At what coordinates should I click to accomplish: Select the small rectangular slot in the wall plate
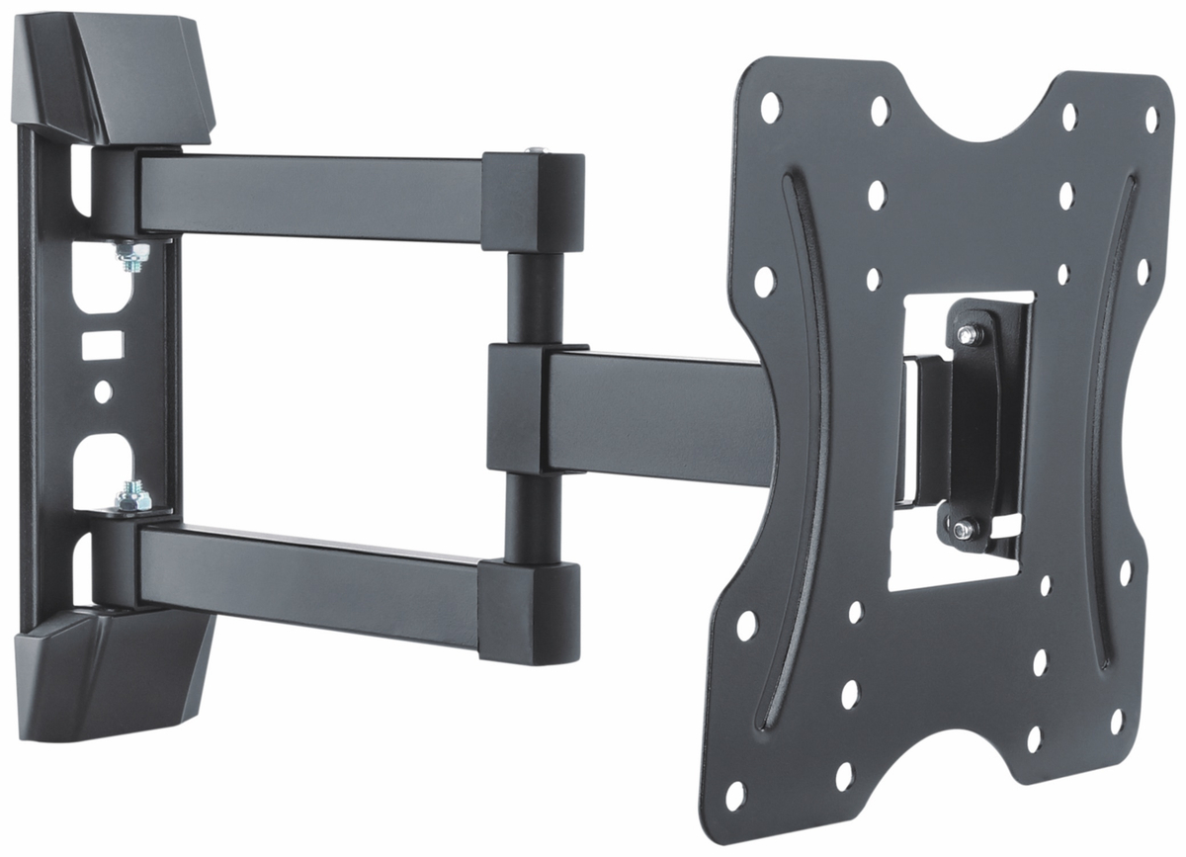[104, 344]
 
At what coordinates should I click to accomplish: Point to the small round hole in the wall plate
[103, 391]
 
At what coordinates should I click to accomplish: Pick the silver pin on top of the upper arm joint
[535, 150]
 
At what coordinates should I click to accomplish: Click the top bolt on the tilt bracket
[970, 335]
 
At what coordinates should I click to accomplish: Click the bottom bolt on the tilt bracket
[965, 531]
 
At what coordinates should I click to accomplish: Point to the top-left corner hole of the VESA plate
[770, 105]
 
